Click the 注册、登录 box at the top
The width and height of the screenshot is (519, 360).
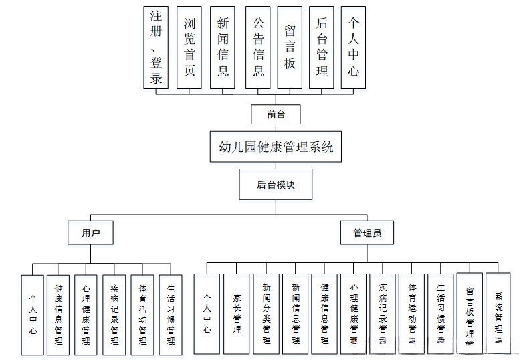point(156,47)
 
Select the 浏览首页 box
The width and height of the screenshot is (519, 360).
point(189,47)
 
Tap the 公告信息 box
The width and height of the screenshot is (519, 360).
point(258,47)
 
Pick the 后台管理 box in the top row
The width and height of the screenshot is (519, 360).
point(322,47)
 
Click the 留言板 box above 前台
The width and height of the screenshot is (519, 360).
point(290,47)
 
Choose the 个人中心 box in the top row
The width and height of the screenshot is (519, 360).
point(353,47)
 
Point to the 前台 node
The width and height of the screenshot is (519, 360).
point(276,114)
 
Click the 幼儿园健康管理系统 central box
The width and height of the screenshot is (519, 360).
point(276,147)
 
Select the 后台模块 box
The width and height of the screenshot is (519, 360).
point(276,184)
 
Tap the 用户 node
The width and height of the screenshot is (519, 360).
point(90,232)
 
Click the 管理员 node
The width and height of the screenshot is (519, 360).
point(367,232)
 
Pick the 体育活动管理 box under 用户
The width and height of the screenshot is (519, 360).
point(142,314)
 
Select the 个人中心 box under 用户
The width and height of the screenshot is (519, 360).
point(32,314)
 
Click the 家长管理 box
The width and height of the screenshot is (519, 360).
point(236,314)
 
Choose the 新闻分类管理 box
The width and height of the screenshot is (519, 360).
point(266,314)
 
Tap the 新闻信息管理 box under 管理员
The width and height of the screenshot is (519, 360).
point(295,314)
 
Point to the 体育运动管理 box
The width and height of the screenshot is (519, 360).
point(411,312)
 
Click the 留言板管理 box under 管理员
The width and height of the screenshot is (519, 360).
point(470,312)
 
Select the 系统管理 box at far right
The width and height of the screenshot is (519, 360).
point(499,312)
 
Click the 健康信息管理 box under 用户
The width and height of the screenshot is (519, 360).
point(58,314)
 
